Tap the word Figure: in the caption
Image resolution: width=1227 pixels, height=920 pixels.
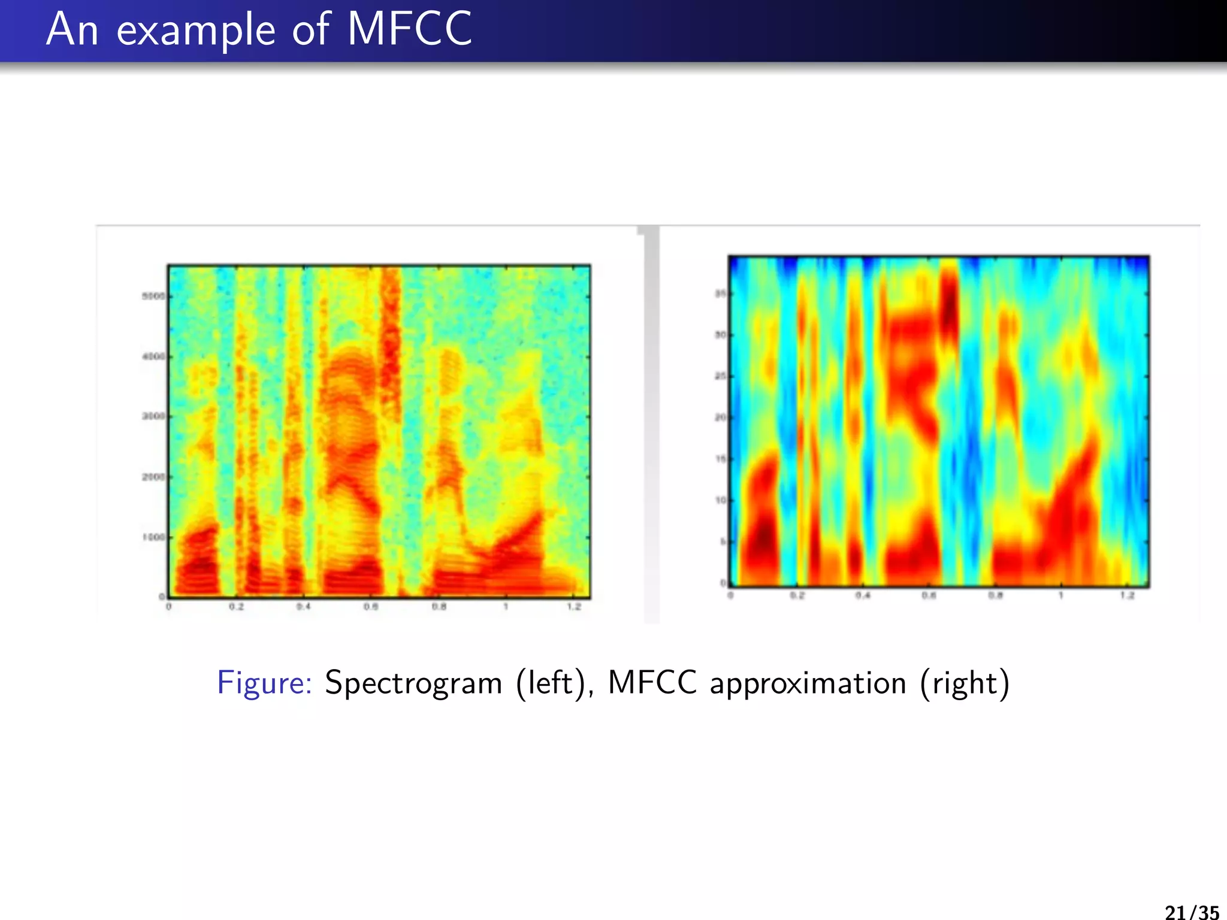pos(264,683)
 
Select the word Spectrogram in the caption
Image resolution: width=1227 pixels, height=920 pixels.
pos(413,683)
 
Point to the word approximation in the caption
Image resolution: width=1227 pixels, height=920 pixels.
pos(808,683)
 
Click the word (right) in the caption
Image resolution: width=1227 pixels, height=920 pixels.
pos(965,683)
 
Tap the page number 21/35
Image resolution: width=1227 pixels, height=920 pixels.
pos(1192,912)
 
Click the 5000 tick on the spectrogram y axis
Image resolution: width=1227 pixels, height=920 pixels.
pos(153,296)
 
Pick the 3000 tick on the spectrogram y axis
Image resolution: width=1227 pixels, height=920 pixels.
pos(153,416)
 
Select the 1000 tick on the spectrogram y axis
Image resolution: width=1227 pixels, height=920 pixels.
pos(153,537)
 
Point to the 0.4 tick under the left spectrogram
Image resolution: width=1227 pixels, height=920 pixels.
pos(304,607)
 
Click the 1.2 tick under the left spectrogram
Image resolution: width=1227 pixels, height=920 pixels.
pos(574,607)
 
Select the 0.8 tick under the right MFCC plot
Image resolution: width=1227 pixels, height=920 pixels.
pos(995,595)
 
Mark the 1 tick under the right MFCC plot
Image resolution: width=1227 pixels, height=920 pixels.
pos(1061,595)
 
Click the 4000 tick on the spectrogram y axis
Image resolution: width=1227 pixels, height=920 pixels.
pos(153,356)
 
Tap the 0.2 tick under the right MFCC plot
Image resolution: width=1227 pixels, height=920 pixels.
pos(797,595)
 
